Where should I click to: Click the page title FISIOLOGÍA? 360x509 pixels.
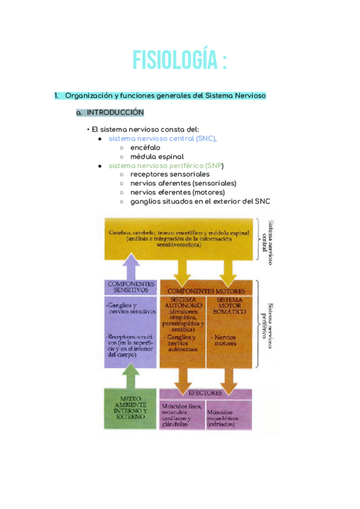(x=179, y=61)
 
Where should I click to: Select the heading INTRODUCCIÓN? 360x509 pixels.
(x=115, y=112)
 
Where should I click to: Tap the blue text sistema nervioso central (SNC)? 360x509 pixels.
(x=162, y=138)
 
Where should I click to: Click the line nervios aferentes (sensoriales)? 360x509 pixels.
(x=183, y=183)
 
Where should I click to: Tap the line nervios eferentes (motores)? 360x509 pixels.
(x=178, y=192)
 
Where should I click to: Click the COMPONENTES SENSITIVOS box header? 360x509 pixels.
(x=131, y=286)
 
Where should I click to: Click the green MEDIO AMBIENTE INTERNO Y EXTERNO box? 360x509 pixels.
(x=130, y=409)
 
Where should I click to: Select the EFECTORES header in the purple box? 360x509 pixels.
(x=205, y=393)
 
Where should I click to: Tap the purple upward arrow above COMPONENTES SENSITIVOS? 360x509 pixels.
(x=131, y=264)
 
